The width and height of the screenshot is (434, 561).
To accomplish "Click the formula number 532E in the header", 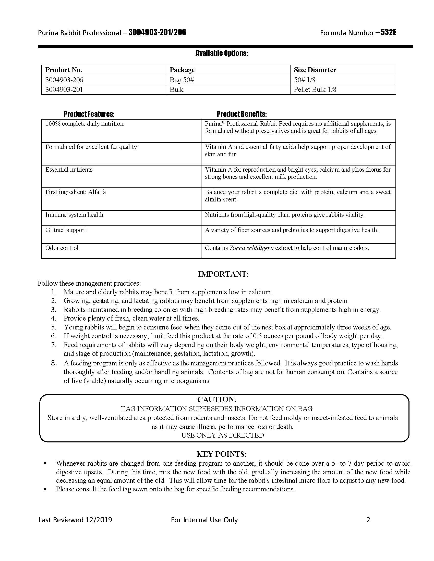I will [x=388, y=32].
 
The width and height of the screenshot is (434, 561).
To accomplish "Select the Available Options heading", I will [x=222, y=54].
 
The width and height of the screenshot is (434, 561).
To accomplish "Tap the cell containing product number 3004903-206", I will [x=64, y=80].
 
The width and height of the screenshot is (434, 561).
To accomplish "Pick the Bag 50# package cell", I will [x=182, y=80].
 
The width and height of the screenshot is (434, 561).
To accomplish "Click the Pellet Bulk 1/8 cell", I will [x=315, y=90].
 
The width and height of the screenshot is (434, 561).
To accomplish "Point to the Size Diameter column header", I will [x=315, y=70].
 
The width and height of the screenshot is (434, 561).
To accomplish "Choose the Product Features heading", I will [x=89, y=114].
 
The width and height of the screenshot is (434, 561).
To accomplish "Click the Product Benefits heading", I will [x=242, y=114].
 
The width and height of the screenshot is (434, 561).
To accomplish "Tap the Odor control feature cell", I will [x=62, y=248].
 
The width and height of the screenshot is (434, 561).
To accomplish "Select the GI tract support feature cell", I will [x=66, y=230].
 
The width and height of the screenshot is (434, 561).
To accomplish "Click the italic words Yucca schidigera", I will [x=251, y=248].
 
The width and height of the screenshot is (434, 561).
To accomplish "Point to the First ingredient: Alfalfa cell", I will [x=76, y=192].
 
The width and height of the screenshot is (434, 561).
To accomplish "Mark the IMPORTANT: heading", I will [x=223, y=274].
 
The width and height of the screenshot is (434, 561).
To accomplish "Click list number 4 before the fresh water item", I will [x=53, y=318].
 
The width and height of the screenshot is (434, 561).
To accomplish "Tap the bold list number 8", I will [x=54, y=363].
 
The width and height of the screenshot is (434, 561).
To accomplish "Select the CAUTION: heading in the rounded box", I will [x=216, y=399].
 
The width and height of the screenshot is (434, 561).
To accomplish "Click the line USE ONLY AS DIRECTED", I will [x=223, y=435].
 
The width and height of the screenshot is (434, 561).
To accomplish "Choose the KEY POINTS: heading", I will [x=222, y=454].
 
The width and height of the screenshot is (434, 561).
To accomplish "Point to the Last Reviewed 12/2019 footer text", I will [x=75, y=520].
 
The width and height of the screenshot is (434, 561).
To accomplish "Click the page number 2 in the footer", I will [x=368, y=520].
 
